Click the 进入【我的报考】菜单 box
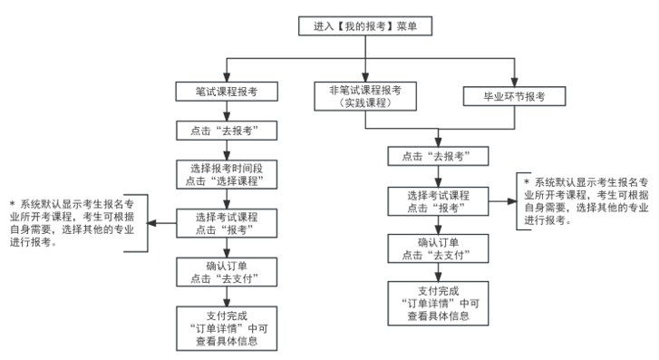click(x=364, y=26)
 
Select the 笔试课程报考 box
click(x=227, y=91)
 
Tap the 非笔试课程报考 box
click(x=365, y=95)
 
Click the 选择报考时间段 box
click(x=227, y=173)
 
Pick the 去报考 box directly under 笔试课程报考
click(x=227, y=130)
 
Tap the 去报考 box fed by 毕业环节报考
click(x=440, y=156)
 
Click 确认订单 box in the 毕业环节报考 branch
click(x=440, y=248)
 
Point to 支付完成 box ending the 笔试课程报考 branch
click(x=227, y=326)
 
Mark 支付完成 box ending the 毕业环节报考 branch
click(x=440, y=303)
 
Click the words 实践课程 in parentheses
click(x=365, y=103)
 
